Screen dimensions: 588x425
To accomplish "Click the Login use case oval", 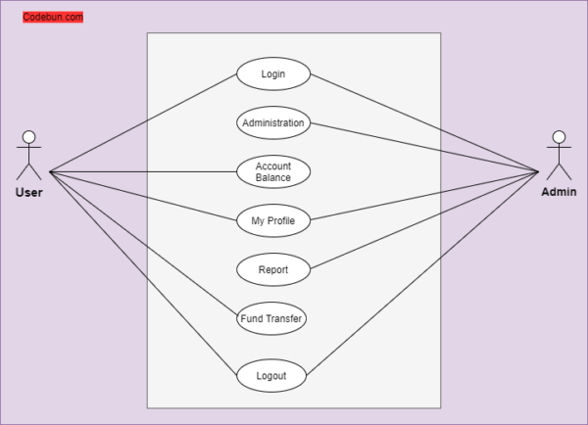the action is tap(273, 73).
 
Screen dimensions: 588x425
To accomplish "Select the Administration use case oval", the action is tap(273, 123).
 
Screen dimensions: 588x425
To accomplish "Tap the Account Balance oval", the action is tap(273, 171).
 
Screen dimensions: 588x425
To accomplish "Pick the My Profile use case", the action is tap(273, 220).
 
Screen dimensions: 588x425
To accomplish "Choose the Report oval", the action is tap(273, 270).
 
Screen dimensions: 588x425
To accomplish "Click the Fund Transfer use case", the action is tap(271, 318).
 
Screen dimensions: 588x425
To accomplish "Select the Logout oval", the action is tap(271, 375).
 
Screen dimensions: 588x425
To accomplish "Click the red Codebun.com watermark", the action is tap(53, 17).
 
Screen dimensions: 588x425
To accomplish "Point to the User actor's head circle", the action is tap(28, 137).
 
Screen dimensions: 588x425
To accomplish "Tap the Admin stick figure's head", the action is tap(559, 137).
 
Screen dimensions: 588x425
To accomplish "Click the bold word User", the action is tap(28, 193).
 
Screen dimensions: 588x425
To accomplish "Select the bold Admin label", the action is tap(559, 192).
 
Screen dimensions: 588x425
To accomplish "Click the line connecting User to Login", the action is tap(143, 123).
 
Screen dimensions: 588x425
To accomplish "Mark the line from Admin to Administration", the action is tap(424, 147).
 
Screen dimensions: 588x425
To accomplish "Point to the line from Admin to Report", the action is tap(424, 220).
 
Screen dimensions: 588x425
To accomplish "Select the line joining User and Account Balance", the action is tap(143, 172).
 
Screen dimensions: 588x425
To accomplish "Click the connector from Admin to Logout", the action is tap(422, 273).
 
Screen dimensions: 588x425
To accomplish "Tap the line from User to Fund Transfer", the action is tap(144, 243).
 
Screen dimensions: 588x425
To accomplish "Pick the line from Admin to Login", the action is tap(424, 123).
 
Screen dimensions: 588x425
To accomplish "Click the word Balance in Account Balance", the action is tap(273, 177).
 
